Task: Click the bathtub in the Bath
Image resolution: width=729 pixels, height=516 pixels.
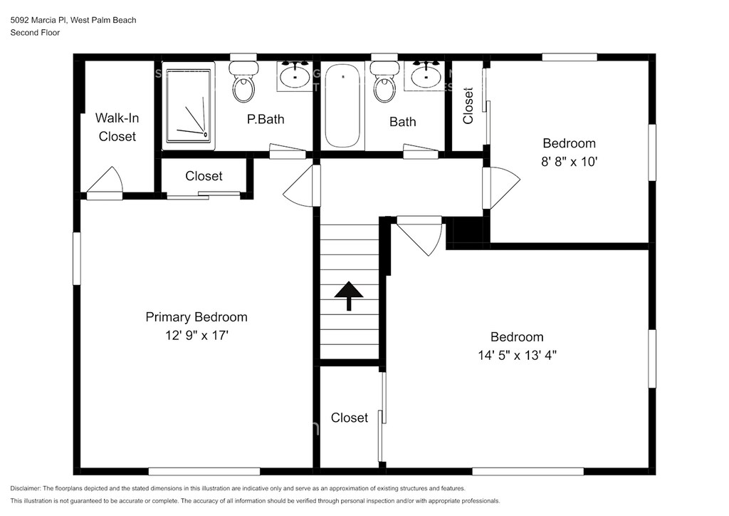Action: (342, 105)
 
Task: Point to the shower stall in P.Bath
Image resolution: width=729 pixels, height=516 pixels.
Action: (188, 105)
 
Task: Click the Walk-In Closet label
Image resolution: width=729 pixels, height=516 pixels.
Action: (117, 127)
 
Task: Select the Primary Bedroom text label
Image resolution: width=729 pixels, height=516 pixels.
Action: (196, 317)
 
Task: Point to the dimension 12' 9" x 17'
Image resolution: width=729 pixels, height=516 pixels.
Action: (196, 336)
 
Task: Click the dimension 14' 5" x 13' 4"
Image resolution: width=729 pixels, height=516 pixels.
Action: (517, 356)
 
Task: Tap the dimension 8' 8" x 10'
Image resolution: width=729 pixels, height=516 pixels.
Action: (569, 162)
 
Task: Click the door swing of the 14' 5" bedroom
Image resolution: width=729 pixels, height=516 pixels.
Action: (419, 235)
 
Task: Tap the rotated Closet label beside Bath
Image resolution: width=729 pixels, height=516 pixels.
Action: (468, 106)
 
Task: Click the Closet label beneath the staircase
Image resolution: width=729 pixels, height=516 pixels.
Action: (349, 418)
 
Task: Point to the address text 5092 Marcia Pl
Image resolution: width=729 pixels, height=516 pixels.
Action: (40, 20)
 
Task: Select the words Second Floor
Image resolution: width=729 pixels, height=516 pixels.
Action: (35, 33)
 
